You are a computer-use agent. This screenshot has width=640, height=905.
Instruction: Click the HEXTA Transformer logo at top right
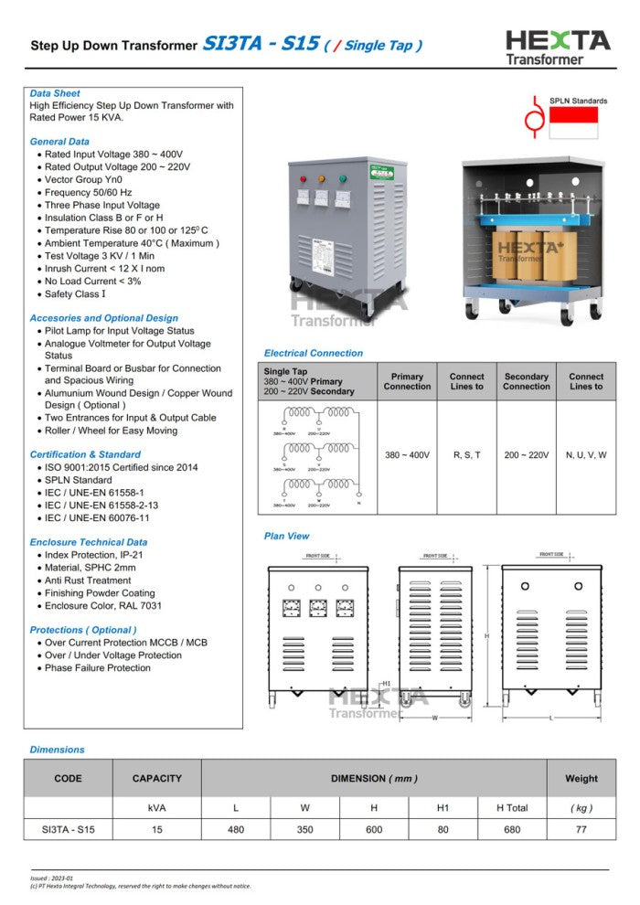click(x=558, y=47)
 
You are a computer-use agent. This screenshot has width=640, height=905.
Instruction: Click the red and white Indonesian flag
click(x=573, y=122)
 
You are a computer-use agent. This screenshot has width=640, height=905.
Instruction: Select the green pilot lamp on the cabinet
click(x=343, y=179)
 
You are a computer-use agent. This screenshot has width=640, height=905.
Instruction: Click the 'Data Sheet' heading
click(x=55, y=93)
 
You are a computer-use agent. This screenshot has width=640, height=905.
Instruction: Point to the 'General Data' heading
click(x=59, y=142)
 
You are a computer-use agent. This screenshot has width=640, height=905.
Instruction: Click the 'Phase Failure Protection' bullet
click(x=98, y=668)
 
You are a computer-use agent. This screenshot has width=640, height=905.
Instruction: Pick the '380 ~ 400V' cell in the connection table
click(x=407, y=454)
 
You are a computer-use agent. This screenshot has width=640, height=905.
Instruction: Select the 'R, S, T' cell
click(x=466, y=454)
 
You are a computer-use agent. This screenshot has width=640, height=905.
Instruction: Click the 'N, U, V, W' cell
click(x=586, y=454)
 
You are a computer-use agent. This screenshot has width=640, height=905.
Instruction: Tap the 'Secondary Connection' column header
click(x=526, y=381)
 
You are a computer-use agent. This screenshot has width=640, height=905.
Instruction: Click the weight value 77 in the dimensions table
click(x=581, y=830)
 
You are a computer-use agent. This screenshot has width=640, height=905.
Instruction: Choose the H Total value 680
click(x=512, y=830)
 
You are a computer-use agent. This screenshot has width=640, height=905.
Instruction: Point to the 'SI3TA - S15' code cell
click(x=68, y=830)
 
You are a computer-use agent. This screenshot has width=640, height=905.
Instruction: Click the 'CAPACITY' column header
click(x=156, y=779)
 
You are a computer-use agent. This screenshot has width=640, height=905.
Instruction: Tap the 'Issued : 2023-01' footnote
click(x=52, y=878)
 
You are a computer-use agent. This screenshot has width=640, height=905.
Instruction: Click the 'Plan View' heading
click(x=286, y=536)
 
